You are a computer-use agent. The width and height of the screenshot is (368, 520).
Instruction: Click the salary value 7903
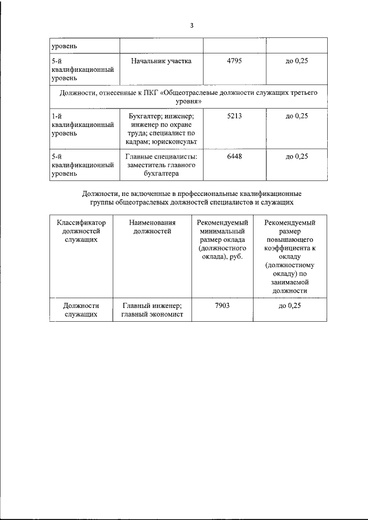point(222,306)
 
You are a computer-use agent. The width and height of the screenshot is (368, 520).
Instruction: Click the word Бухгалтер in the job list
point(144,116)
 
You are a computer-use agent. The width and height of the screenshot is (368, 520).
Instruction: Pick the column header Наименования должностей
point(152,227)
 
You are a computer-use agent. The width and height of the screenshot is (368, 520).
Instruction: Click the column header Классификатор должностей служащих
point(81,231)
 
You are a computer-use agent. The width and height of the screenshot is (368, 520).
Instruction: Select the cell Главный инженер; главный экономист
point(152,310)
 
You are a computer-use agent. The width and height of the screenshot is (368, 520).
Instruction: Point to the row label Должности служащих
point(81,310)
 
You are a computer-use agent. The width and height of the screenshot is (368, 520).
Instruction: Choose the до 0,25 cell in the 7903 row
point(290,306)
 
